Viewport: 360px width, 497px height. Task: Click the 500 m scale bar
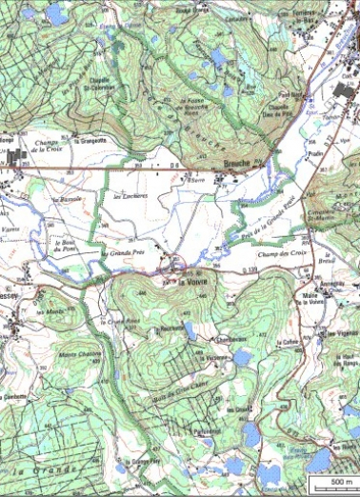(x=337, y=484)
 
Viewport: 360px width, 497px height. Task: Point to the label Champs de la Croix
(x=47, y=147)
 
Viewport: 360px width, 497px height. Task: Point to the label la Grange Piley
(x=150, y=462)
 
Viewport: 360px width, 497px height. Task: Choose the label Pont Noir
(x=290, y=95)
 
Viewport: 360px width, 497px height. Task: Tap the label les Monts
(x=49, y=310)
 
